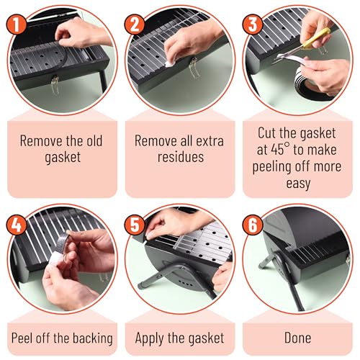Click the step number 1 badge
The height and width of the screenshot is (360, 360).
point(17,24)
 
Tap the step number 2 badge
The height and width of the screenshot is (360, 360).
point(135,24)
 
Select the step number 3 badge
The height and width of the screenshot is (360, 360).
point(253,24)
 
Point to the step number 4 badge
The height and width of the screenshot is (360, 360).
point(17,225)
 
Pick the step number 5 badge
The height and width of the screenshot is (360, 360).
point(135,225)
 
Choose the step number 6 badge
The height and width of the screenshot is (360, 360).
point(253,225)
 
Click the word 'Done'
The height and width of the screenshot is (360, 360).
point(297,338)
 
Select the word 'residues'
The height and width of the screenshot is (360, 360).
point(181,157)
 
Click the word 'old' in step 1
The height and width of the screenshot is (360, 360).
point(94,140)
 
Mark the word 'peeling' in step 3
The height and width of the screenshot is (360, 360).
point(272,167)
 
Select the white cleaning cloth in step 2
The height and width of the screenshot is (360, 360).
point(170,63)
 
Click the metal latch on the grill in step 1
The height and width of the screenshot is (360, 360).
point(55,85)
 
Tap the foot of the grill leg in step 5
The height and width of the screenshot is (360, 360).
point(142,286)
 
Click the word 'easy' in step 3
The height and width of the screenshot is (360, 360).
point(298,184)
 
